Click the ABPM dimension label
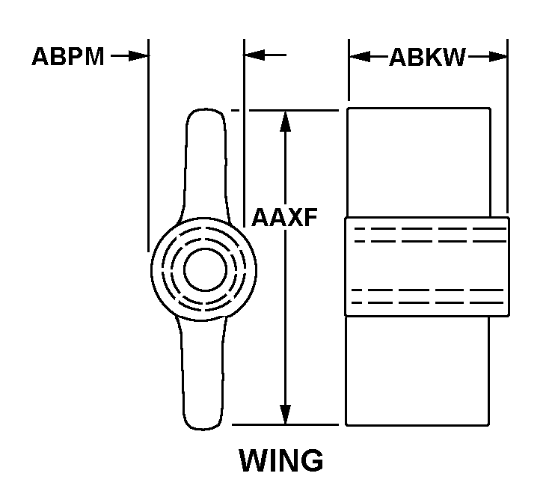point(68,56)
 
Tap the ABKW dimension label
point(427,57)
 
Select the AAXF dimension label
point(284,217)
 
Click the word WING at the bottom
point(281,460)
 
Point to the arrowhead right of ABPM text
point(138,55)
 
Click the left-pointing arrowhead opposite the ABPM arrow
point(254,55)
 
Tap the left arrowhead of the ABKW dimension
point(360,56)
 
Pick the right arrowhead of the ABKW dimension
point(497,56)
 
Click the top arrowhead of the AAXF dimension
point(285,121)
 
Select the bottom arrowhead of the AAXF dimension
point(286,415)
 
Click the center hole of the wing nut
point(205,269)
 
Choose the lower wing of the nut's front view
point(203,374)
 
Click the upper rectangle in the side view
point(419,162)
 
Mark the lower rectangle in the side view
point(417,371)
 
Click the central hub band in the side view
point(427,266)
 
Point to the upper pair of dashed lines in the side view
point(430,235)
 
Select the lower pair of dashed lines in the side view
point(428,296)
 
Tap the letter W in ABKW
point(453,57)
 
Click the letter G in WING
point(311,460)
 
